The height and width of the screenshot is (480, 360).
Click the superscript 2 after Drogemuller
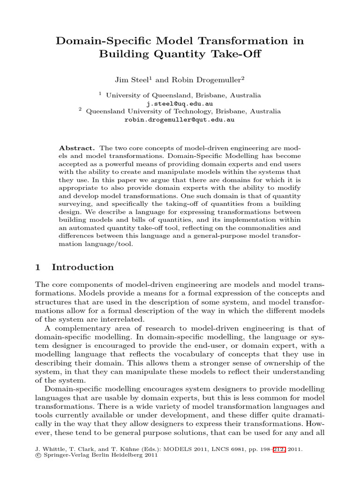(x=243, y=78)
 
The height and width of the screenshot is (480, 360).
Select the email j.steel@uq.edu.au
(x=180, y=104)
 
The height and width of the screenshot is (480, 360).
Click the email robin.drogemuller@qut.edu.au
(x=180, y=120)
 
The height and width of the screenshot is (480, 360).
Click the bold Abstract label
(x=77, y=147)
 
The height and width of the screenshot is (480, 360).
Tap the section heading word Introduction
(x=82, y=267)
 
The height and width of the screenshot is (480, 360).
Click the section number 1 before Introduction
(x=38, y=267)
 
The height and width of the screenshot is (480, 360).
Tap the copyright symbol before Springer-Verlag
(x=38, y=455)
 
